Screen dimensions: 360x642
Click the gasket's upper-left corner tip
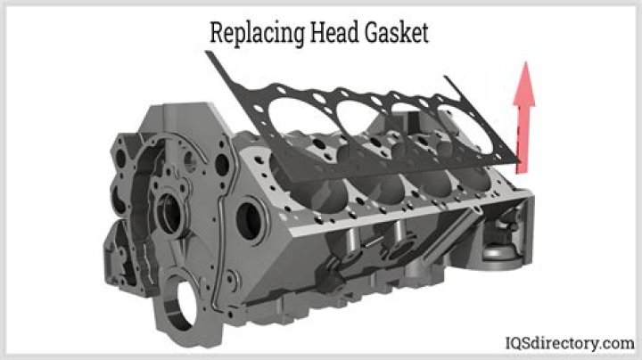(x=209, y=53)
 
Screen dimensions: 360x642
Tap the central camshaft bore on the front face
(x=167, y=214)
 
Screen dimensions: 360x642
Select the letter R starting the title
(x=215, y=33)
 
